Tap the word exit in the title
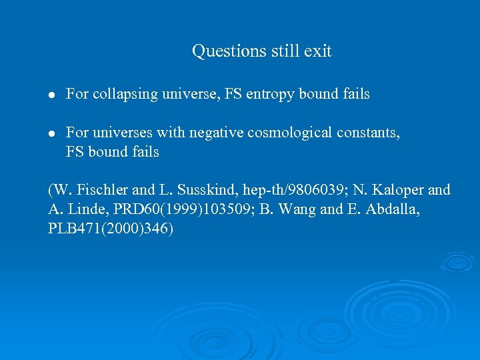pyautogui.click(x=318, y=51)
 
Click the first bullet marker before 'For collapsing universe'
pyautogui.click(x=52, y=95)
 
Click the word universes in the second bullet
pyautogui.click(x=123, y=133)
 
